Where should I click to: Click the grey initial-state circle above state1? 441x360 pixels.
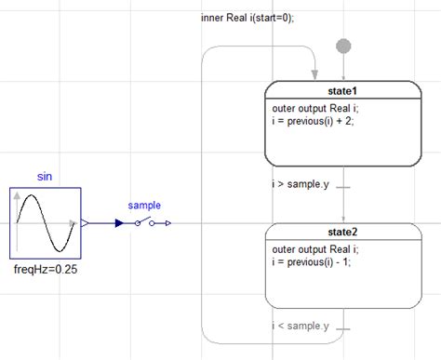(x=343, y=47)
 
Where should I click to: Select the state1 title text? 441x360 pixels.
(x=342, y=91)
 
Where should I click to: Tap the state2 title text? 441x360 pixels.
(x=342, y=232)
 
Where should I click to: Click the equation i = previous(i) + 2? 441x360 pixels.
(x=313, y=121)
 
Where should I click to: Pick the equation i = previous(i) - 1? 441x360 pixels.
(x=311, y=262)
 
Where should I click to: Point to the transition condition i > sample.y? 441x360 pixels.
(x=301, y=184)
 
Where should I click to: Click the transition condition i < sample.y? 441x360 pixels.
(x=301, y=326)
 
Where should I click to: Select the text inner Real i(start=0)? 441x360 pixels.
(x=247, y=18)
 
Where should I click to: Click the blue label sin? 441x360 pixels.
(x=45, y=177)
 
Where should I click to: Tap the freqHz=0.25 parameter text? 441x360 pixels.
(x=46, y=269)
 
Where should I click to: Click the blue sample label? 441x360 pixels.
(x=144, y=206)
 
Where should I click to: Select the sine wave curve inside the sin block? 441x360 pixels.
(x=46, y=223)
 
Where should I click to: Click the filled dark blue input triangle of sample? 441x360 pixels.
(x=119, y=223)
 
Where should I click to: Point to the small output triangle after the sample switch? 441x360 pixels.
(x=168, y=223)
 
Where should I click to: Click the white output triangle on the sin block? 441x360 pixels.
(x=85, y=223)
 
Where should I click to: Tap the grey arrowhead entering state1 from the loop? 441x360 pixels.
(x=314, y=74)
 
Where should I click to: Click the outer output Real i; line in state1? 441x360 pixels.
(x=315, y=108)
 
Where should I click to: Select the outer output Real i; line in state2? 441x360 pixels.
(x=315, y=249)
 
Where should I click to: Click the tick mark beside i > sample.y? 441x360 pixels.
(x=343, y=187)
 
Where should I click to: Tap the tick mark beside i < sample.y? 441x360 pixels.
(x=343, y=329)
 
